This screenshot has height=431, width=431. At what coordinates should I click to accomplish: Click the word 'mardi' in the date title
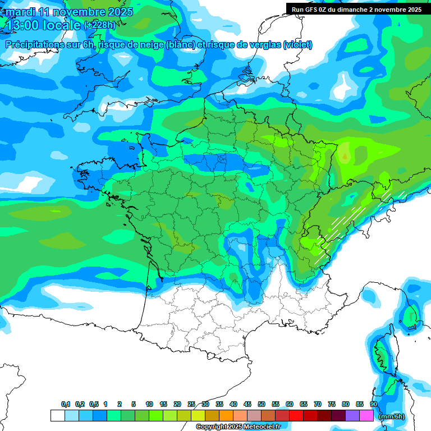click(20, 12)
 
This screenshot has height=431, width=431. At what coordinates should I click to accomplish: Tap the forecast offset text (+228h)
click(101, 25)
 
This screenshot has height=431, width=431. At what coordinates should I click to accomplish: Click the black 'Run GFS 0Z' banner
click(357, 9)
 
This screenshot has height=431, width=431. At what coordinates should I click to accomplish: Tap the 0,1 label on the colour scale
click(66, 404)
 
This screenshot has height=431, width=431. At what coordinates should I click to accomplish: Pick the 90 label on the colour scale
click(373, 404)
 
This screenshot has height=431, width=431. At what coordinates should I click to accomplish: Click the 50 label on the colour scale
click(262, 404)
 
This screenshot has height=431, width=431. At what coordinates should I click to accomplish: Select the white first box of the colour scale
click(57, 415)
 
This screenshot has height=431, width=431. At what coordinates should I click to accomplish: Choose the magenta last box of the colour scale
click(366, 415)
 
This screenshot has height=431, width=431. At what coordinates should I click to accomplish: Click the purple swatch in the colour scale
click(352, 415)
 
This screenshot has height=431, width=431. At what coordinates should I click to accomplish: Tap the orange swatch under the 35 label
click(226, 415)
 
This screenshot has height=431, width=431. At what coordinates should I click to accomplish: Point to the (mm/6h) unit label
click(392, 416)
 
